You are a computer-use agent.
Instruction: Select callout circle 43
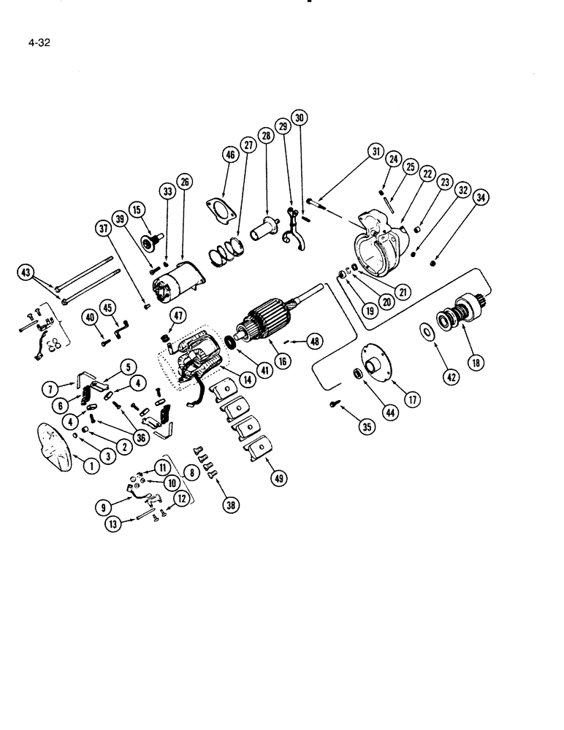coord(26,273)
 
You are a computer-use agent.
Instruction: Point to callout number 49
coord(260,478)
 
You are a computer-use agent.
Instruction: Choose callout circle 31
coord(376,152)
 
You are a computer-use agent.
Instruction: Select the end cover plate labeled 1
coord(53,442)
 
